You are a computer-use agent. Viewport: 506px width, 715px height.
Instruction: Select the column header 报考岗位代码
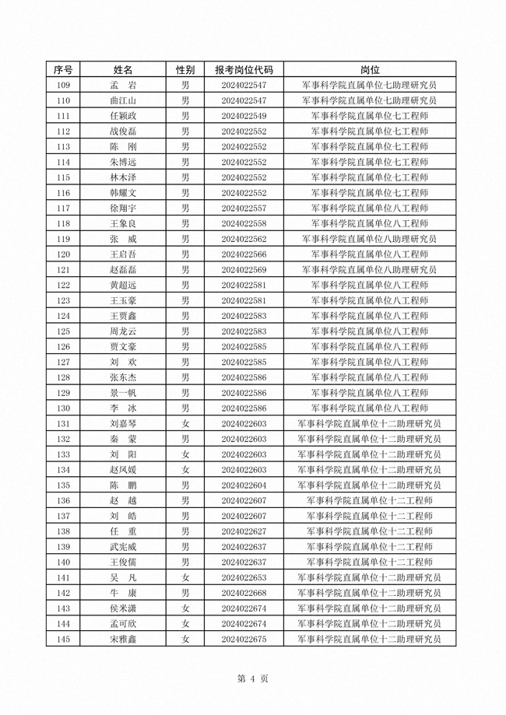pyautogui.click(x=244, y=69)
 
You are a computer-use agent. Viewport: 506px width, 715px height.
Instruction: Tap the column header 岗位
pyautogui.click(x=370, y=69)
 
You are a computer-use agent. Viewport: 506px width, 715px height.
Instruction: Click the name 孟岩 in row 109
pyautogui.click(x=123, y=85)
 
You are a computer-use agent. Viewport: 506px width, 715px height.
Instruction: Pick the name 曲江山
pyautogui.click(x=123, y=100)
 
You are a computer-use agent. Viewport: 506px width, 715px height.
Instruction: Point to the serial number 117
pyautogui.click(x=64, y=208)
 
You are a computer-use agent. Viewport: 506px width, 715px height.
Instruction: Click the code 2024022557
pyautogui.click(x=244, y=208)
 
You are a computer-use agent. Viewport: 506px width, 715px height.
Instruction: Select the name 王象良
pyautogui.click(x=123, y=223)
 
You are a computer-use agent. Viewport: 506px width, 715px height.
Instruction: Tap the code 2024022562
pyautogui.click(x=244, y=239)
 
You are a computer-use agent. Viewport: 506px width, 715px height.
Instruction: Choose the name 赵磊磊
pyautogui.click(x=123, y=269)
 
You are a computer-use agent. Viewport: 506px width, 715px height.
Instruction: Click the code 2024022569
pyautogui.click(x=244, y=269)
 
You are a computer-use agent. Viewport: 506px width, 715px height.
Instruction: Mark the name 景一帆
pyautogui.click(x=123, y=393)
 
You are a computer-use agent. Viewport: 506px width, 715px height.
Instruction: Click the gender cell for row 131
pyautogui.click(x=185, y=423)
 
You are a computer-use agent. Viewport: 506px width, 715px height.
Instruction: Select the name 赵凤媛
pyautogui.click(x=123, y=470)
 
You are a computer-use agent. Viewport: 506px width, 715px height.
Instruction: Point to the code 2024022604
pyautogui.click(x=244, y=485)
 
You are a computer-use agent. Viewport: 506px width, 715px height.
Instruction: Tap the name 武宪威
pyautogui.click(x=123, y=547)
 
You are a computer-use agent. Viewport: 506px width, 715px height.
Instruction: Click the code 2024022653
pyautogui.click(x=244, y=577)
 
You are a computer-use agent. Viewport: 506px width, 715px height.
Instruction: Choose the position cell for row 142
pyautogui.click(x=370, y=593)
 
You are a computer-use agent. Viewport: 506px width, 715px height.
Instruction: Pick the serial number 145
pyautogui.click(x=64, y=639)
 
